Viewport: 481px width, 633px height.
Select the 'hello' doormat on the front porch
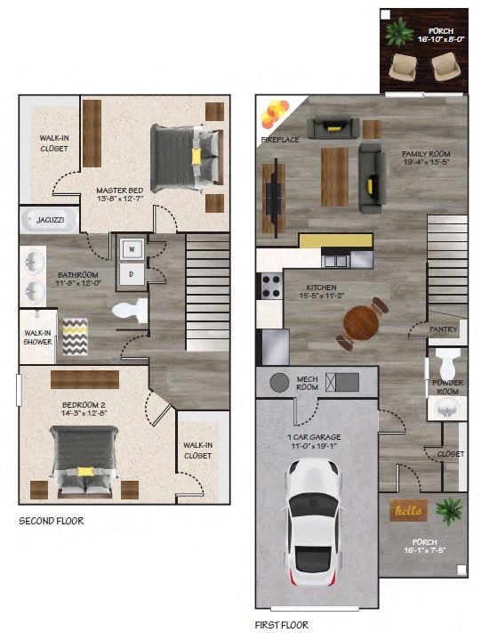[x=409, y=511]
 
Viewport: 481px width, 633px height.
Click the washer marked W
[x=131, y=248]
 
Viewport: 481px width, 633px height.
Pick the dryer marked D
[x=131, y=274]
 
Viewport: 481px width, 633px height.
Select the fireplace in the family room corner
[x=274, y=115]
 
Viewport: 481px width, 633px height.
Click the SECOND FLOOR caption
[x=52, y=521]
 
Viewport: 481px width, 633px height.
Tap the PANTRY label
[x=443, y=329]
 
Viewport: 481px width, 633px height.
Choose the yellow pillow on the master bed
[x=196, y=156]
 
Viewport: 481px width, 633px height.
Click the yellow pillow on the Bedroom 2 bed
[x=85, y=470]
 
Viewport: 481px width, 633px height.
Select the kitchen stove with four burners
[x=269, y=287]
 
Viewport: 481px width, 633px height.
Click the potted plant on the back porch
[x=399, y=29]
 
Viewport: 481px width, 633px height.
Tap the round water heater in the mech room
[x=280, y=383]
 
